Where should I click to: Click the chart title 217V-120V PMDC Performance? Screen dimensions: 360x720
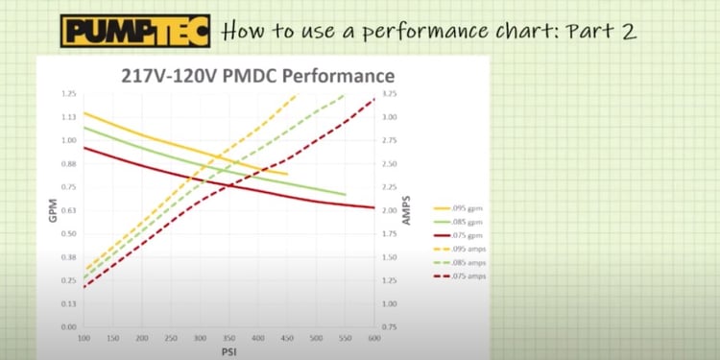(x=257, y=75)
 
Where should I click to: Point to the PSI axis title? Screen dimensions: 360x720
(x=228, y=352)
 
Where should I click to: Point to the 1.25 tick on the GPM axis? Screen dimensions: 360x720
(x=68, y=94)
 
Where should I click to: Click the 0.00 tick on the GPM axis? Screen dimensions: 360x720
(x=68, y=327)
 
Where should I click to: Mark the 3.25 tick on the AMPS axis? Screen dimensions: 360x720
(x=389, y=94)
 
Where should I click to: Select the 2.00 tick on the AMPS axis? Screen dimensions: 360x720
(x=389, y=210)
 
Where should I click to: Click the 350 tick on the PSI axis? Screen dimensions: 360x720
(x=228, y=340)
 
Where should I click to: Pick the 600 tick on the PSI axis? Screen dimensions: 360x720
(x=373, y=340)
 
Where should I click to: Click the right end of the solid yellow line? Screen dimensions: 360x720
(x=287, y=174)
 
